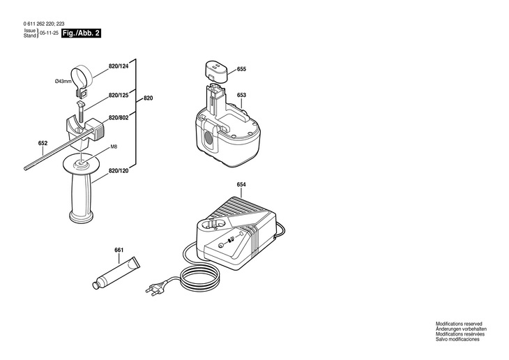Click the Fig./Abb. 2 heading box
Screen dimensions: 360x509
pos(80,33)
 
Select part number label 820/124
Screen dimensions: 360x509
pos(119,66)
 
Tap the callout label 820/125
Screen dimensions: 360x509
pos(119,96)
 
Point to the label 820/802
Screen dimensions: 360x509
pos(119,117)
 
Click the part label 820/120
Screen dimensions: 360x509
pos(119,171)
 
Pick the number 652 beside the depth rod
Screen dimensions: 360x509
pos(43,144)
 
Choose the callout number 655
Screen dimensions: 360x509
pos(241,70)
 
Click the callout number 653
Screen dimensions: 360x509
pos(241,96)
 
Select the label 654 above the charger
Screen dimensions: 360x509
pos(241,184)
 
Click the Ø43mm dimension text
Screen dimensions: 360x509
pos(63,82)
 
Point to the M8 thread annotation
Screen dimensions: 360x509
pos(114,147)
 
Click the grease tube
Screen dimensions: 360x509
pos(117,272)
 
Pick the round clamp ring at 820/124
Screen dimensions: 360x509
pos(82,75)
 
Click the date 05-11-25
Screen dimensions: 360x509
pos(48,33)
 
